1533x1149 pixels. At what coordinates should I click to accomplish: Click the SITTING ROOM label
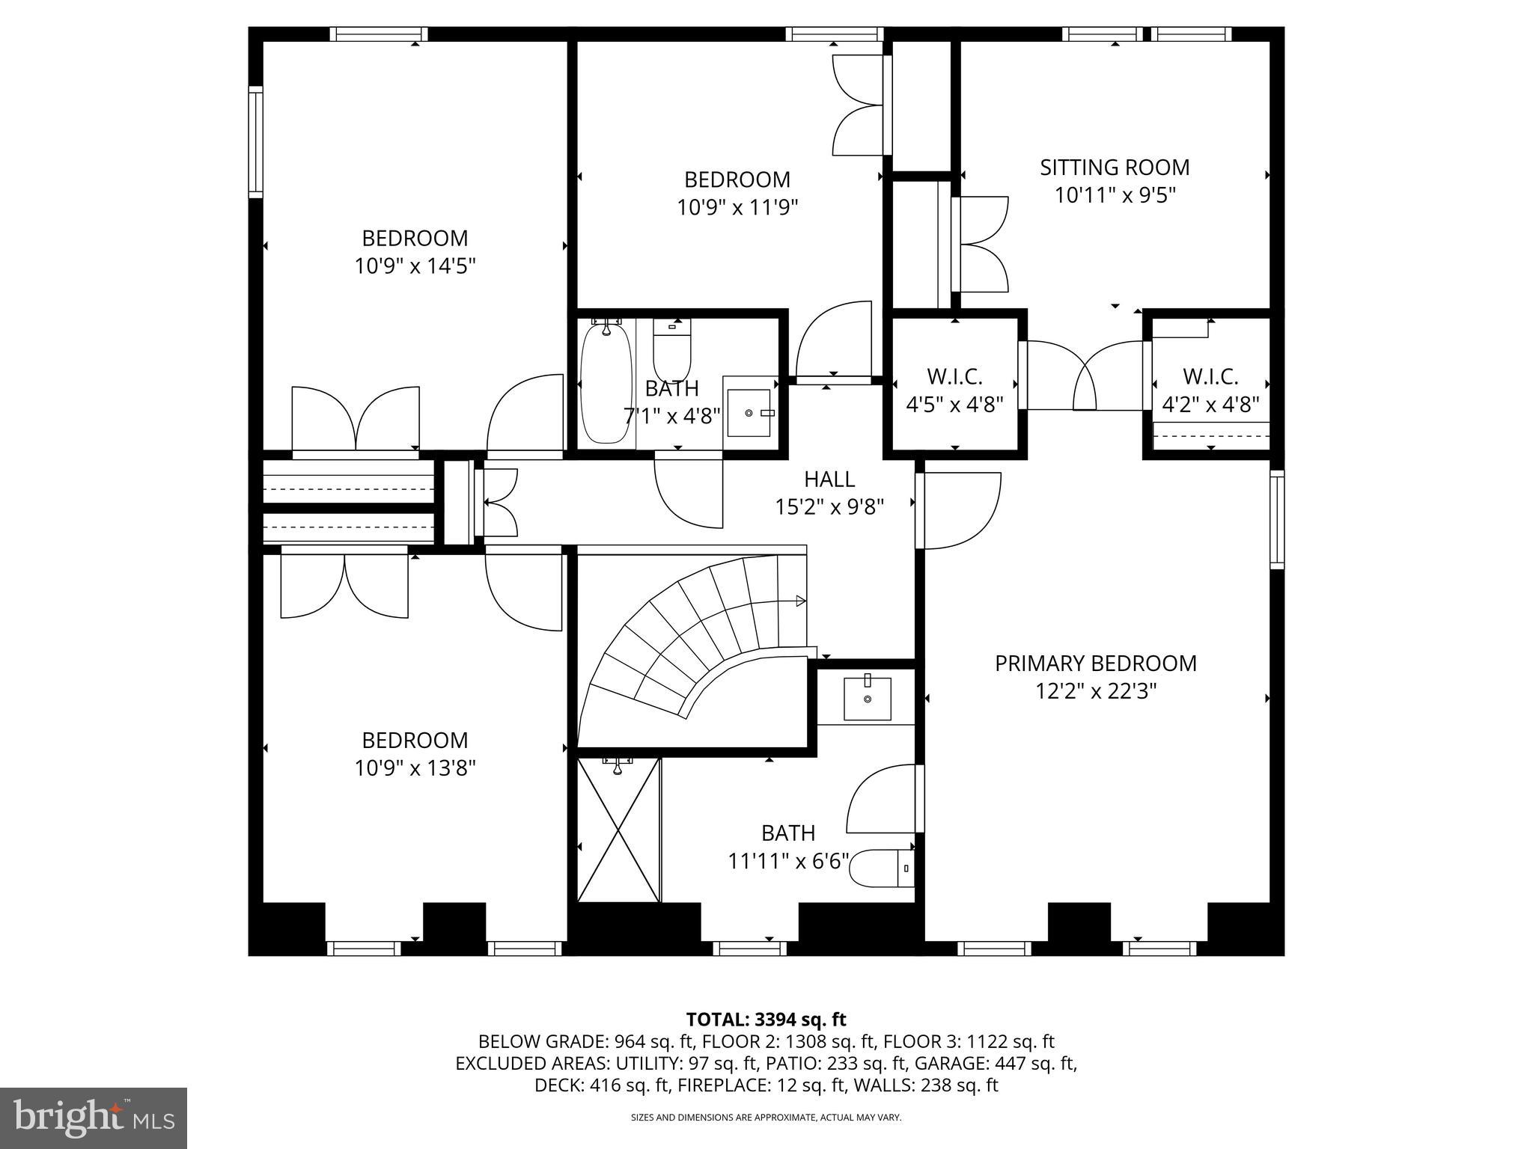tap(1115, 168)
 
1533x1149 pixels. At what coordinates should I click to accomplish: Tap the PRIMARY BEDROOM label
tap(1095, 664)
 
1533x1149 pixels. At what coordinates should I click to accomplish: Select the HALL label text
tap(829, 479)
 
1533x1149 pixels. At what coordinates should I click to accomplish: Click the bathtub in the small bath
tap(606, 383)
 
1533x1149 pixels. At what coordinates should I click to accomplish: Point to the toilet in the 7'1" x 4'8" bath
tap(671, 351)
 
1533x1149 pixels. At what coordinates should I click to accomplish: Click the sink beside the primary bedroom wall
tap(868, 699)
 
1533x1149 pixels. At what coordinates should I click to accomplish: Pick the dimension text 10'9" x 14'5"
tap(415, 266)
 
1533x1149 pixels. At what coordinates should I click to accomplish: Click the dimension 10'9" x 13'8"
tap(415, 768)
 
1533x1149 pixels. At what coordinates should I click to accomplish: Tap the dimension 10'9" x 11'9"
tap(737, 207)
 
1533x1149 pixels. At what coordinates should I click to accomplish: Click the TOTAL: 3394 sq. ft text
tap(766, 1020)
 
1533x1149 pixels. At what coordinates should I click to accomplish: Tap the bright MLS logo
tap(93, 1118)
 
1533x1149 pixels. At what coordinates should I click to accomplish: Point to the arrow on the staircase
tap(799, 601)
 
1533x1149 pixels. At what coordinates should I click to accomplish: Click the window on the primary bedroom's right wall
tap(1277, 519)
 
